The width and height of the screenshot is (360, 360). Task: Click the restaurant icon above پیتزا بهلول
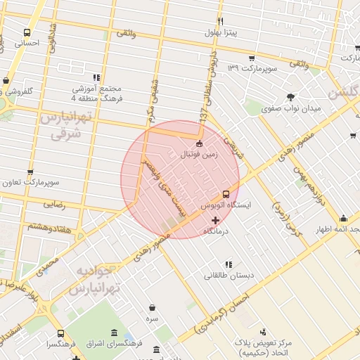(220, 22)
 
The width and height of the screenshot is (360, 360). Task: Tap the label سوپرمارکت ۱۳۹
(252, 68)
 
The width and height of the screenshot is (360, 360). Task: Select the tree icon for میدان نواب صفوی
(290, 97)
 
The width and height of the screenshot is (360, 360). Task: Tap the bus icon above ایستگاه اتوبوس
(226, 193)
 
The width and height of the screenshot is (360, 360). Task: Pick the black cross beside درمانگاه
(215, 220)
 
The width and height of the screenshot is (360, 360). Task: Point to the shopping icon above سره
(153, 307)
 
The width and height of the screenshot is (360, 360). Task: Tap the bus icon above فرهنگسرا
(60, 333)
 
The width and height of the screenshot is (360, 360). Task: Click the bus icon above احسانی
(27, 32)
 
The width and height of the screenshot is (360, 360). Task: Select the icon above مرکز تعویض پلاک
(264, 331)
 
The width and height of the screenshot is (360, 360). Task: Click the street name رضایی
(55, 205)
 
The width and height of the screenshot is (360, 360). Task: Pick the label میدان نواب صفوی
(291, 109)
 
